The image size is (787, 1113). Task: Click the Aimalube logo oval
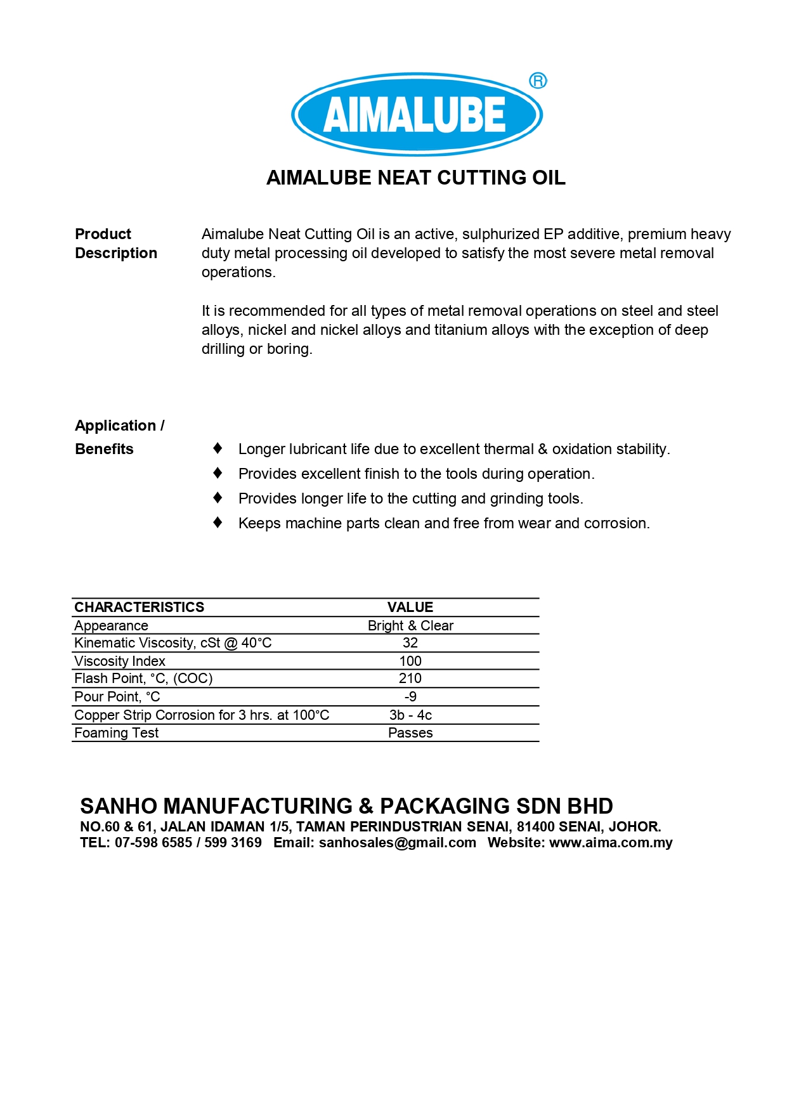[416, 114]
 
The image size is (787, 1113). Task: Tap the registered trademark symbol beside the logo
[538, 81]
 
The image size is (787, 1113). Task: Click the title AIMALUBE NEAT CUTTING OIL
[415, 178]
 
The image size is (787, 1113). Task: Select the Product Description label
[115, 244]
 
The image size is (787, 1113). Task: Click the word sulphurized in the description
[500, 234]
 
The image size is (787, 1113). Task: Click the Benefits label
[104, 449]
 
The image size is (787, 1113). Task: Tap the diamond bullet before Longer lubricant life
[218, 448]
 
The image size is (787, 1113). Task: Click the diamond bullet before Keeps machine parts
[218, 523]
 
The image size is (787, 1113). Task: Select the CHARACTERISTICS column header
[139, 607]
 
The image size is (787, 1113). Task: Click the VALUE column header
[410, 607]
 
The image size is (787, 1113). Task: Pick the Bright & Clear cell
[410, 625]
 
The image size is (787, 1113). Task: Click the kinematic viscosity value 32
[410, 642]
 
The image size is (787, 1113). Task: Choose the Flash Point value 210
[410, 678]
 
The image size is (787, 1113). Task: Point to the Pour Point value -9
[410, 696]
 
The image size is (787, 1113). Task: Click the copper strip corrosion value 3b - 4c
[410, 715]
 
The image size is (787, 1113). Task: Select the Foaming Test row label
[116, 732]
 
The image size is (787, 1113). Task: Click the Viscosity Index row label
[119, 661]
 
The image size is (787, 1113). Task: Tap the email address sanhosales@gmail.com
[397, 842]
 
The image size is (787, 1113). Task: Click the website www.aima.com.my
[610, 842]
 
